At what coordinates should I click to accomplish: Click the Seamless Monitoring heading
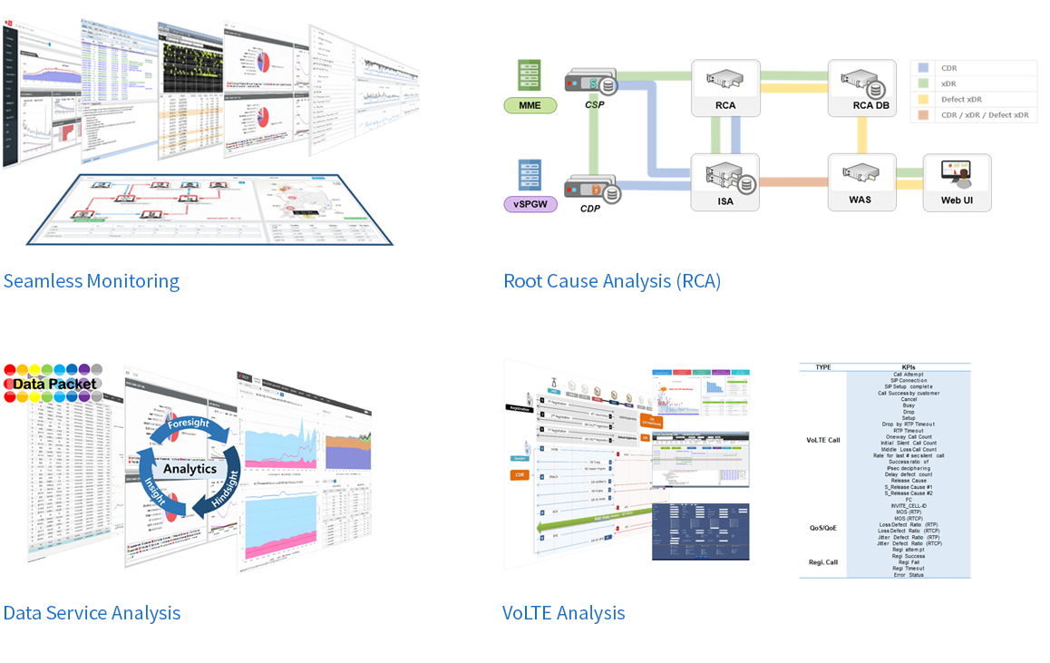tap(92, 281)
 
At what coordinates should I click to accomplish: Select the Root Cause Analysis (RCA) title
tap(612, 281)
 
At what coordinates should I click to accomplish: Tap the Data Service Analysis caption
tap(92, 613)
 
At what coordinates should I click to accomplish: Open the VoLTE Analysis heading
tap(563, 613)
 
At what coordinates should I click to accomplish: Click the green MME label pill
tap(530, 106)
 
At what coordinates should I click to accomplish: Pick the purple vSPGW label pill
tap(530, 205)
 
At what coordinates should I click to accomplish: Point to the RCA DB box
tap(862, 88)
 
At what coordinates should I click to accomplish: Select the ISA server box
tap(724, 182)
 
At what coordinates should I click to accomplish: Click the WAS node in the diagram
tap(860, 182)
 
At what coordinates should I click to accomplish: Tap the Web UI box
tap(957, 182)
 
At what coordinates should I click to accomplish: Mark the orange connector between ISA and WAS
tap(793, 182)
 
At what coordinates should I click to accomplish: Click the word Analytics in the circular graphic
tap(190, 469)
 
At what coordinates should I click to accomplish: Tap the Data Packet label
tap(54, 384)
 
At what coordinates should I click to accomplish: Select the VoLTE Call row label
tap(822, 440)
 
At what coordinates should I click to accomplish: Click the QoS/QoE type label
tap(822, 527)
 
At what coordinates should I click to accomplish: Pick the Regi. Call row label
tap(822, 562)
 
